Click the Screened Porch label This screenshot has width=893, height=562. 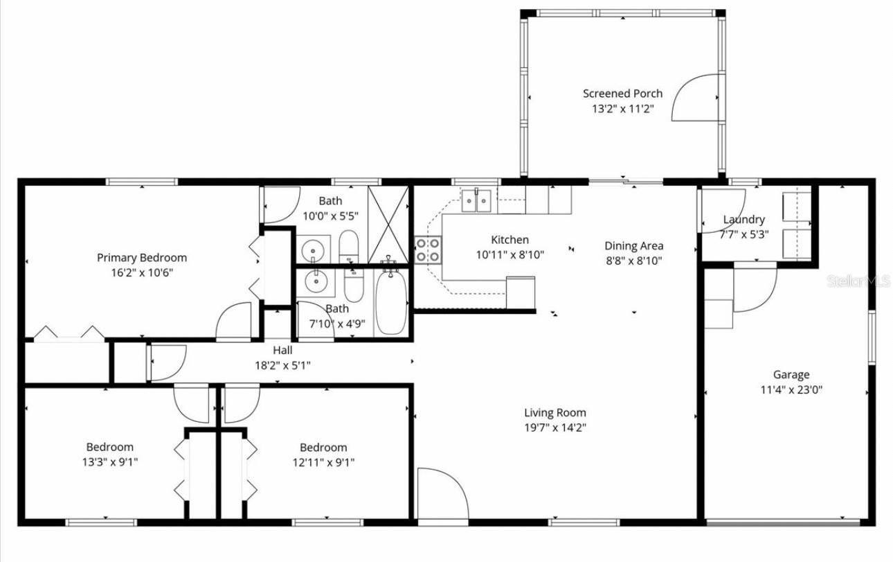coord(622,94)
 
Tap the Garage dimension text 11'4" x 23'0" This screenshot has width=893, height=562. coord(791,389)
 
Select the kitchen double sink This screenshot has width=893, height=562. coord(477,200)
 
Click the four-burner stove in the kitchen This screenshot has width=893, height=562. coord(428,250)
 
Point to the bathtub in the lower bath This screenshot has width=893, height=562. coord(391,302)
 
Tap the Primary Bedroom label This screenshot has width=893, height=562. coord(141,258)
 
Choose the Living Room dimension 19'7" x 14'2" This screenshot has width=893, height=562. coord(555,428)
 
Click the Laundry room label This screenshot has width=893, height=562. coord(743,220)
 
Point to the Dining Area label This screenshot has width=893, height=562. coord(633,246)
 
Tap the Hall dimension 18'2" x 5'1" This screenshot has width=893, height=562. coord(282,365)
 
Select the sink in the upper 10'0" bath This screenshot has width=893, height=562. coord(314,249)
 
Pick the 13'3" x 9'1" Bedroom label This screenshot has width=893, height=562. coord(109,447)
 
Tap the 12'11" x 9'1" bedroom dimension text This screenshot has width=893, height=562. coord(323,462)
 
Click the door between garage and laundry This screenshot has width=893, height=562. coord(754,288)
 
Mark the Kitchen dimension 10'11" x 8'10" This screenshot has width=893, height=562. coord(510,254)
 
